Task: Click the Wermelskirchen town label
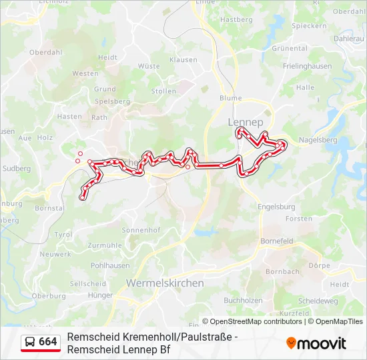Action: click(165, 283)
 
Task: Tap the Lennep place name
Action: click(246, 123)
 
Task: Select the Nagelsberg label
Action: click(318, 140)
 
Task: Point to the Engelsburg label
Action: click(276, 207)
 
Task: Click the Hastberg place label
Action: click(236, 20)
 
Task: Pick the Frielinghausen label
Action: click(307, 67)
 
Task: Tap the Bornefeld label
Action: click(277, 240)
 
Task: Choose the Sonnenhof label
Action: click(141, 230)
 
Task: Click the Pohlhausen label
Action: click(110, 265)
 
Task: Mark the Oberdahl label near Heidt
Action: click(45, 51)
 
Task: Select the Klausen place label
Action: click(183, 60)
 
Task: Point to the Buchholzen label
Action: click(243, 301)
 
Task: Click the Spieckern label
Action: click(309, 26)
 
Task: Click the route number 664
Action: click(48, 342)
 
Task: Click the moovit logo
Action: click(316, 343)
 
